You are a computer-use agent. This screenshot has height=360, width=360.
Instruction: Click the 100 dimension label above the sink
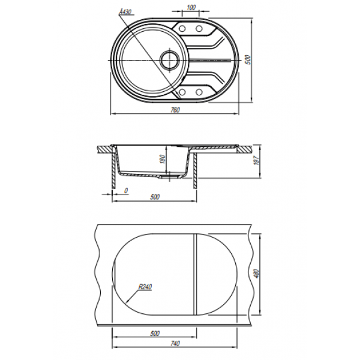tap(191, 8)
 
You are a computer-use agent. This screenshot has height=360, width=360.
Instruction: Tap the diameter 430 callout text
tap(126, 11)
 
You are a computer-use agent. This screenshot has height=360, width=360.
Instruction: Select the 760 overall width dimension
tap(175, 110)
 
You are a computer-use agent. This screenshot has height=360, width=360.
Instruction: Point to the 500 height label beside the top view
tap(248, 59)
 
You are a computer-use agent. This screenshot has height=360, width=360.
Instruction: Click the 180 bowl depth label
tap(163, 159)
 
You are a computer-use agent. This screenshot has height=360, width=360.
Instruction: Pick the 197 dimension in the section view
tap(256, 160)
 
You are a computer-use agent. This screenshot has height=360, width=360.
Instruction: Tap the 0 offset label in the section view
tap(126, 191)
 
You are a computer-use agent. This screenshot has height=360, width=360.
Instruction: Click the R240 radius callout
tap(145, 287)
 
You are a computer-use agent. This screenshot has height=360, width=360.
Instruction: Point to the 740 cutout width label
tap(175, 343)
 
